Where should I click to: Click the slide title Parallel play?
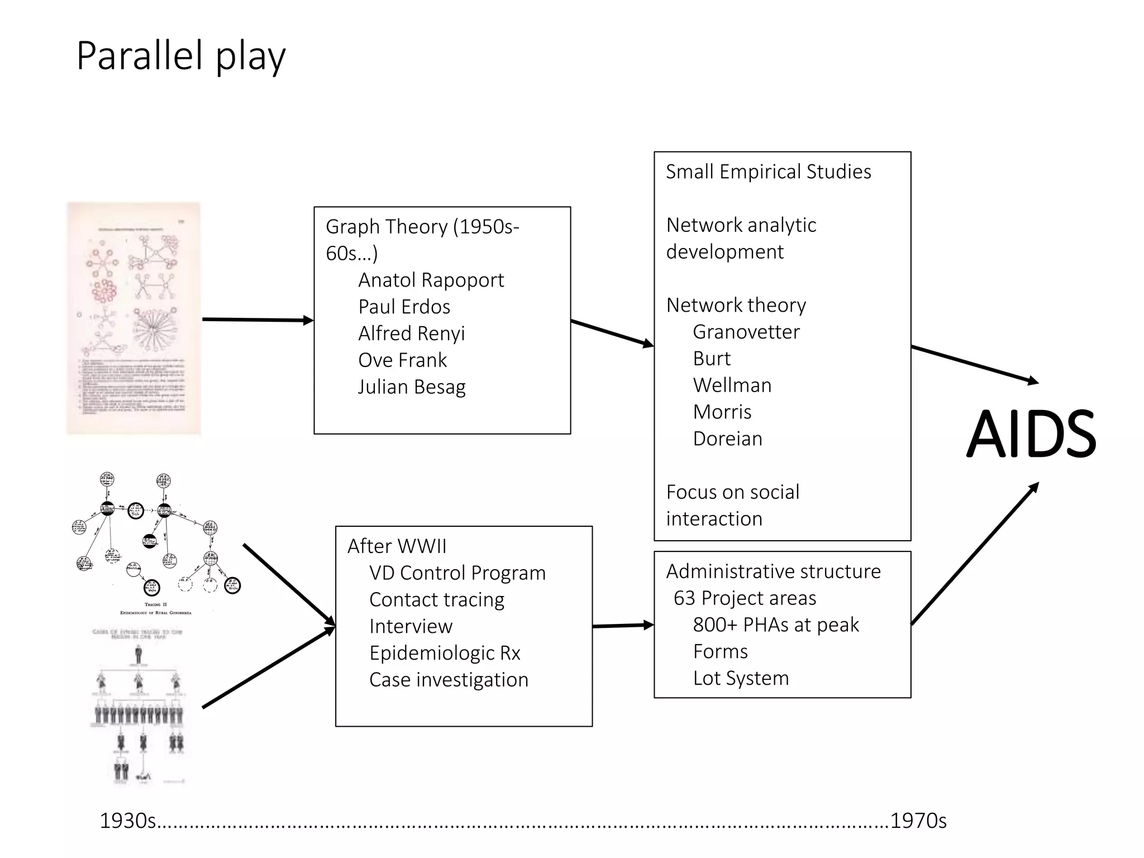(x=180, y=56)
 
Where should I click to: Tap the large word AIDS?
(x=1031, y=434)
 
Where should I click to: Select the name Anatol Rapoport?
(x=431, y=280)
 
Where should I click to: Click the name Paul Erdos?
(x=404, y=307)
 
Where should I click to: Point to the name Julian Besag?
(x=412, y=387)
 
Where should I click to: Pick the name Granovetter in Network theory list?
(x=746, y=332)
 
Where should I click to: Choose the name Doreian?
(x=727, y=438)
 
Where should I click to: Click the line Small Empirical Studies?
(x=768, y=171)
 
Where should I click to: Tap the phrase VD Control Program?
(x=457, y=573)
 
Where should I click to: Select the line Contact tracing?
(x=436, y=599)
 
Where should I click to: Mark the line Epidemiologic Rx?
(x=445, y=653)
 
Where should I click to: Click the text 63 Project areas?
(x=745, y=598)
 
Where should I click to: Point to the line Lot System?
(x=741, y=678)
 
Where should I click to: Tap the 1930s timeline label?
(x=127, y=821)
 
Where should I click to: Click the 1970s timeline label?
(x=918, y=821)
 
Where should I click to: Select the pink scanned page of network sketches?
(x=133, y=318)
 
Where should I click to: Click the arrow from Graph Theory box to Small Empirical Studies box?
(x=612, y=333)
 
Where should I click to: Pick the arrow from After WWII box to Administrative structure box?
(x=622, y=626)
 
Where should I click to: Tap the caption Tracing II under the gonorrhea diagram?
(x=155, y=604)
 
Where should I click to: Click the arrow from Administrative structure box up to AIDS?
(x=975, y=553)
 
